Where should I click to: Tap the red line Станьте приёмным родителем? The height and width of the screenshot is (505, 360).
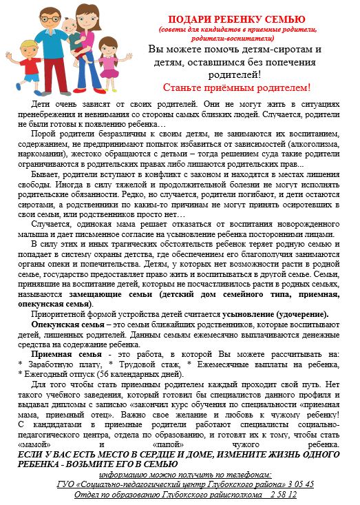point(236,87)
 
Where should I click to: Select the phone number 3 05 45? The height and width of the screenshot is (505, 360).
point(300,484)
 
